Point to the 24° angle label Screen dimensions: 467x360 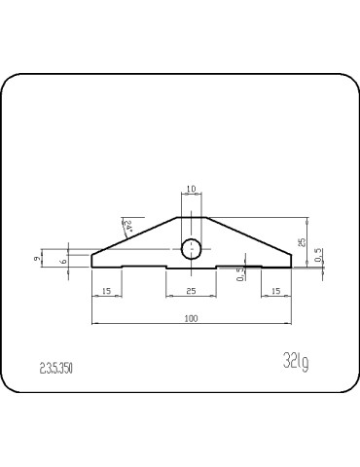(128, 227)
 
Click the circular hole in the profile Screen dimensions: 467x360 (192, 247)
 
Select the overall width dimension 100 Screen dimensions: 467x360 (192, 318)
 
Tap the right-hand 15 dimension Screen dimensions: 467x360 (276, 291)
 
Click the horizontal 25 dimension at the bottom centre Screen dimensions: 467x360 (191, 291)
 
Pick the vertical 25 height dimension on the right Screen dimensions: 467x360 (303, 240)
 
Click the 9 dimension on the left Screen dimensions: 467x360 (36, 260)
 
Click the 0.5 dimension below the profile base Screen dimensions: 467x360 (241, 275)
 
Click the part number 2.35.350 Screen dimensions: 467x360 (56, 369)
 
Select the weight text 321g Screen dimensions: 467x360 (295, 364)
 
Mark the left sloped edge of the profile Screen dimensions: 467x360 (134, 236)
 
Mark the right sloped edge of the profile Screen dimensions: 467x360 (249, 236)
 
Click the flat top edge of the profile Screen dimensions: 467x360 (192, 217)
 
